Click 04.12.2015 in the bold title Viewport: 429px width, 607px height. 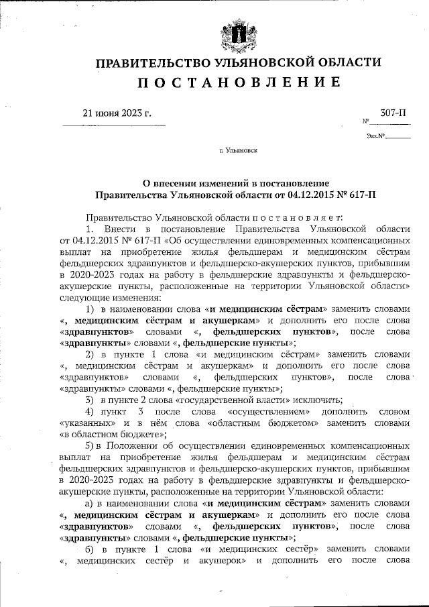312,195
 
